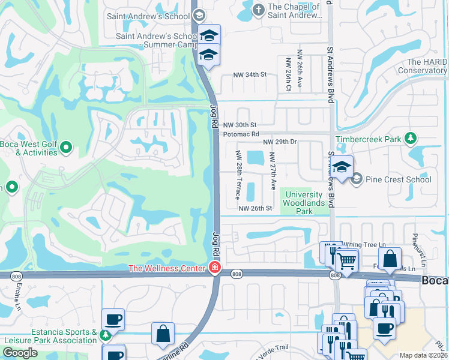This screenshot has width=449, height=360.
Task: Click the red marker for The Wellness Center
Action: click(x=214, y=268)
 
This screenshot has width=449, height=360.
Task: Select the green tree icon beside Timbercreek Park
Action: click(x=411, y=139)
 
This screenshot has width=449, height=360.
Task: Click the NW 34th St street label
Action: click(x=250, y=74)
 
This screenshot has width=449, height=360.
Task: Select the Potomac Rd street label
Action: click(x=241, y=134)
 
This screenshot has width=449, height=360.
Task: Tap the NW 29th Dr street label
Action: click(x=280, y=142)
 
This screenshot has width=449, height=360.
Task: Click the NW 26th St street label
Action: click(x=256, y=208)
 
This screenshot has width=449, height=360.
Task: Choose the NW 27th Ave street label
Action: click(x=273, y=170)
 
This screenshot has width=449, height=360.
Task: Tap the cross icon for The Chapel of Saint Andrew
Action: click(x=258, y=10)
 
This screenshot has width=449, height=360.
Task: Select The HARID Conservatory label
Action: click(x=427, y=66)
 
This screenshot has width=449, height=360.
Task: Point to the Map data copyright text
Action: click(x=423, y=355)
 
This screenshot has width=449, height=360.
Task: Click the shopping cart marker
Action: click(x=346, y=260)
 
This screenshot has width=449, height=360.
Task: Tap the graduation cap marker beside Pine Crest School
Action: click(x=342, y=167)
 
